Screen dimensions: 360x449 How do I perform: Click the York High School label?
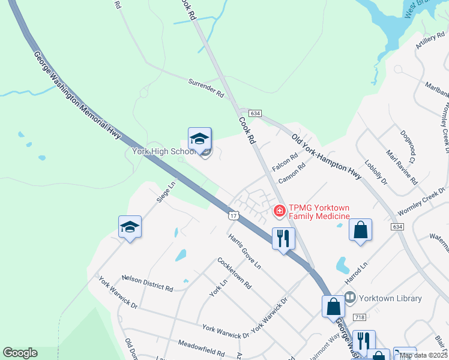tap(164, 151)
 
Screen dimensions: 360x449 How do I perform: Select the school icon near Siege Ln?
tap(130, 227)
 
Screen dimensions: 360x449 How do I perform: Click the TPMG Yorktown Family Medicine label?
tap(319, 212)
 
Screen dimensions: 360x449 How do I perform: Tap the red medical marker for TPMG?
tap(279, 211)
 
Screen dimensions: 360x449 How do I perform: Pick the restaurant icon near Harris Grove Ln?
tap(283, 239)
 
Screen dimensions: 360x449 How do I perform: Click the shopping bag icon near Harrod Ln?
tap(360, 230)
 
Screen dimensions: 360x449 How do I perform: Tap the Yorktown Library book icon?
tap(351, 298)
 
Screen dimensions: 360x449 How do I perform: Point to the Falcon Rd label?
tap(285, 161)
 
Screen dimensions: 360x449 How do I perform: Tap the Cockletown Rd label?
tap(235, 273)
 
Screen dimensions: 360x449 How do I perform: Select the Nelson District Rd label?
tap(147, 282)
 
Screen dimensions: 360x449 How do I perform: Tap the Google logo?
tap(20, 353)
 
